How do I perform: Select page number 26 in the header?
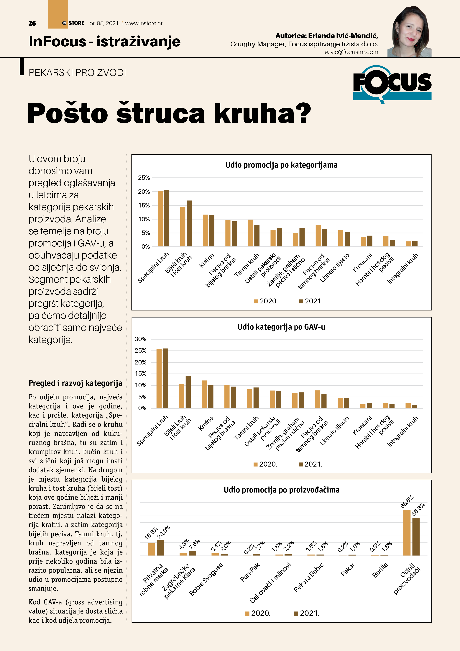coord(32,23)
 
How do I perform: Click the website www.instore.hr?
coord(144,23)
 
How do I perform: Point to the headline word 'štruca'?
coord(160,113)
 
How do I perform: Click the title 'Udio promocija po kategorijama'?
coord(281,165)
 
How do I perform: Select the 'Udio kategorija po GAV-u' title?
coord(281,327)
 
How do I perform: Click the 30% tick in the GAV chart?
coord(141,339)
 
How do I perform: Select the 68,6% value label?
coord(407,502)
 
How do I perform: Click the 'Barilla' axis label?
coord(380,570)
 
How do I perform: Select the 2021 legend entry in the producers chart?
coord(307,613)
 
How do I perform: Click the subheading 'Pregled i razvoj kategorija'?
coord(75,383)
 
